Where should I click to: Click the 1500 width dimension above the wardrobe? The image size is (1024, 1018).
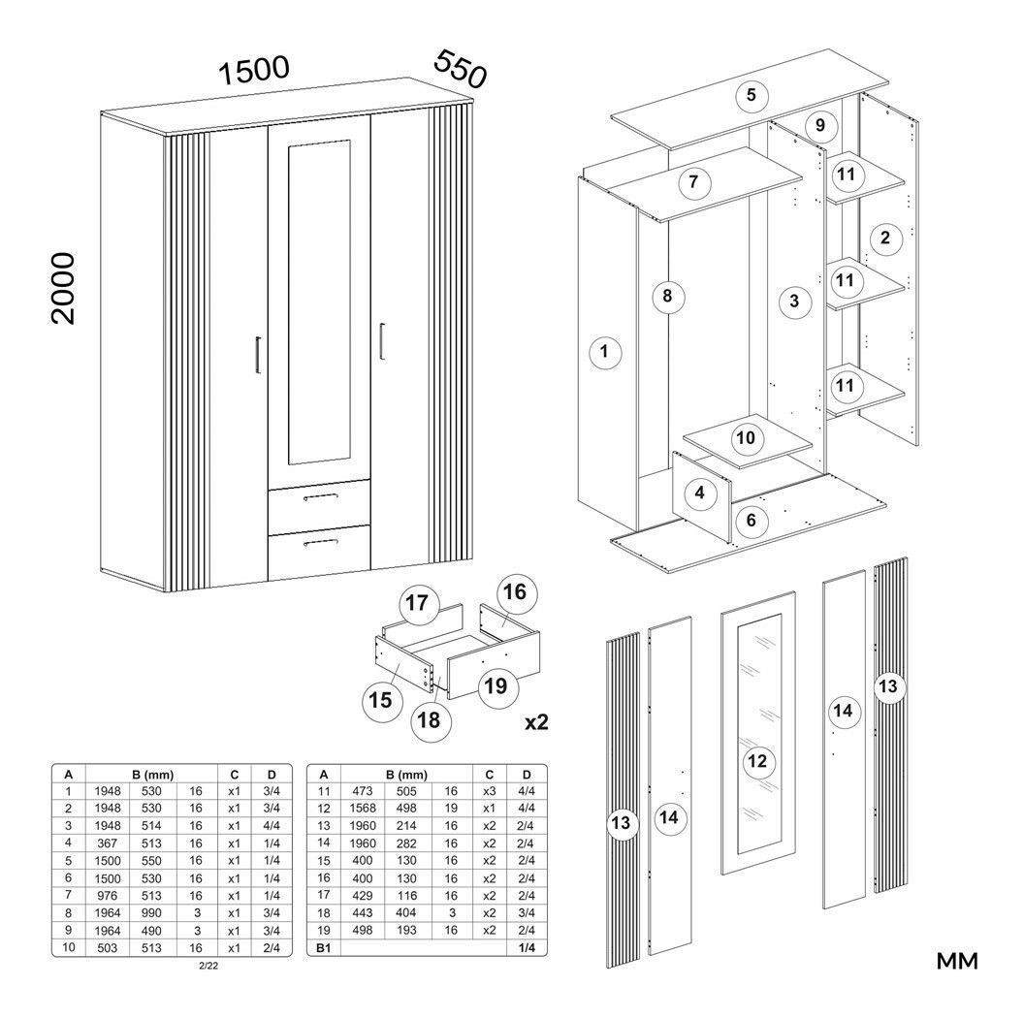point(254,71)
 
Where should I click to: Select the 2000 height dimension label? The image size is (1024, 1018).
point(63,288)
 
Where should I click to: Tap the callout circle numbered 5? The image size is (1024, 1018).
point(752,95)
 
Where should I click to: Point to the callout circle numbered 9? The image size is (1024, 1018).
point(820,125)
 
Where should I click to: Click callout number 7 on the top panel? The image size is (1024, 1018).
point(693,182)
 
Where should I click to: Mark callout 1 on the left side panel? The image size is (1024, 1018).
point(605,352)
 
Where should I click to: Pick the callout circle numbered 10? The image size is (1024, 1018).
point(745,437)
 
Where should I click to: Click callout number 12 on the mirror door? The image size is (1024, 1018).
point(757,760)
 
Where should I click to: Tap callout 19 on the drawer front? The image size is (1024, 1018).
point(495,686)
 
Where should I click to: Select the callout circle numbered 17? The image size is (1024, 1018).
point(417,603)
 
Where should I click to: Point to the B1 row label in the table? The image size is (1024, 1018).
point(322,947)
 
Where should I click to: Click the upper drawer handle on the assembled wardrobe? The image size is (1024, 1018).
point(320,496)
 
